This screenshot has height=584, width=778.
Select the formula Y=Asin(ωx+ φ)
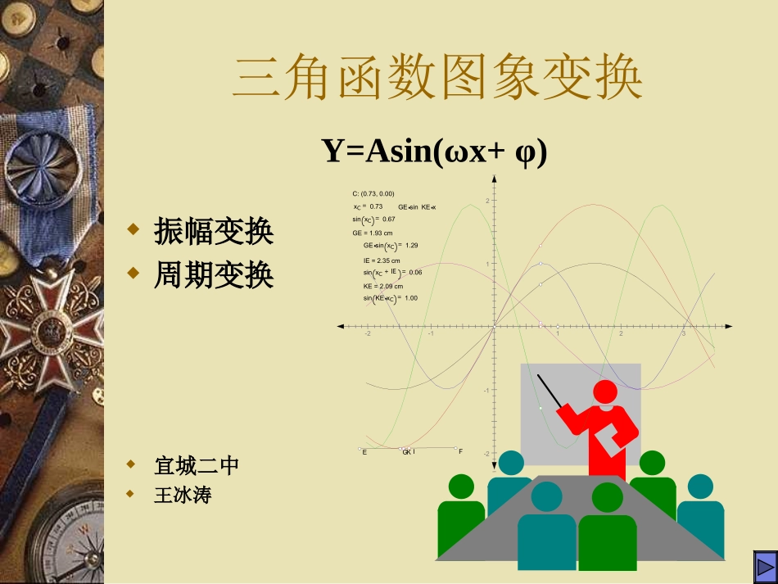click(x=434, y=152)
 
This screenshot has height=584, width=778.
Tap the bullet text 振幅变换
click(x=214, y=233)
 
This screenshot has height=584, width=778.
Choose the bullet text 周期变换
click(x=214, y=276)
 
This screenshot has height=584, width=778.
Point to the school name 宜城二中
click(x=197, y=466)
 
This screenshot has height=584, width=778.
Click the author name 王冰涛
click(x=182, y=495)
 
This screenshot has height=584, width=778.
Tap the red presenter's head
click(x=606, y=392)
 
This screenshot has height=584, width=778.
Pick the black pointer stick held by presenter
click(x=550, y=391)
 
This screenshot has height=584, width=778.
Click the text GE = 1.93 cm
click(x=373, y=233)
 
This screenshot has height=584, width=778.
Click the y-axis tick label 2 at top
click(x=486, y=201)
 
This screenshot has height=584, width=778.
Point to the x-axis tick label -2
click(x=368, y=334)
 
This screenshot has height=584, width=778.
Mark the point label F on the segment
click(x=460, y=452)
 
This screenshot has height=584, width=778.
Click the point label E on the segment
click(x=364, y=452)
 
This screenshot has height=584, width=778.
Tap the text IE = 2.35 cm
click(x=382, y=260)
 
